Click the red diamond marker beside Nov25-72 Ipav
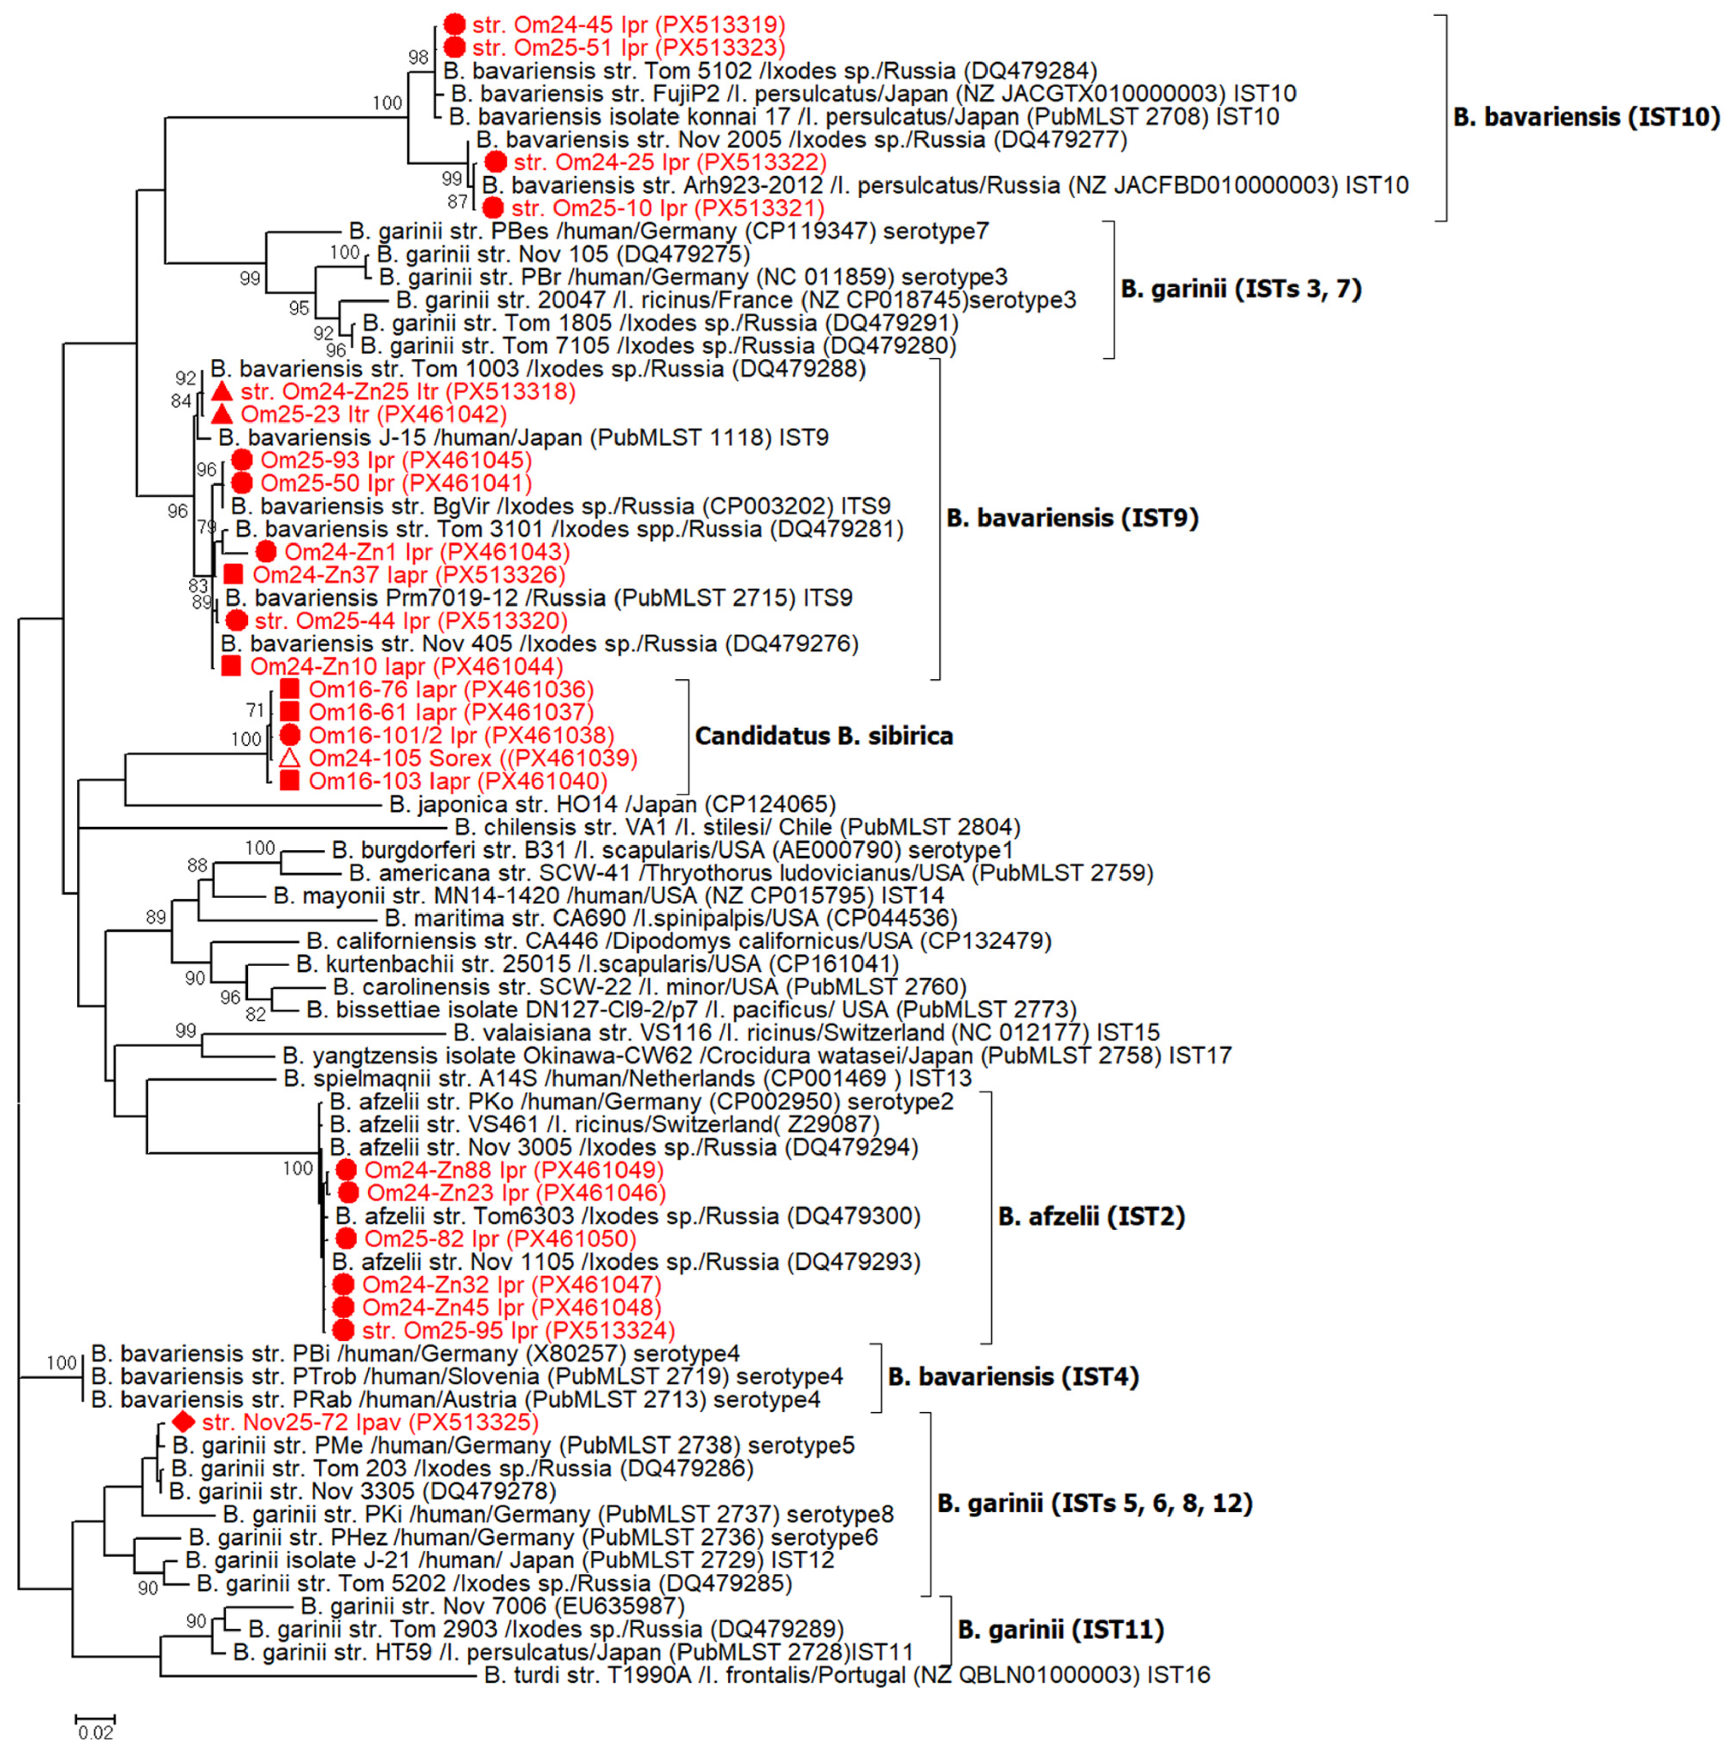tap(184, 1422)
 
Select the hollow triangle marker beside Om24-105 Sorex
tap(289, 759)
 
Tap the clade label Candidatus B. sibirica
tap(824, 736)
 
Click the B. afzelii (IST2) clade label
tap(1091, 1217)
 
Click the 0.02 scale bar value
tap(95, 1733)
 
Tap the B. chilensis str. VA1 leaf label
tap(736, 827)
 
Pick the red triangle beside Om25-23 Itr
tap(222, 414)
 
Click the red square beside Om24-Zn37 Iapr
tap(233, 574)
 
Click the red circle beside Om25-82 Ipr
tap(346, 1239)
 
